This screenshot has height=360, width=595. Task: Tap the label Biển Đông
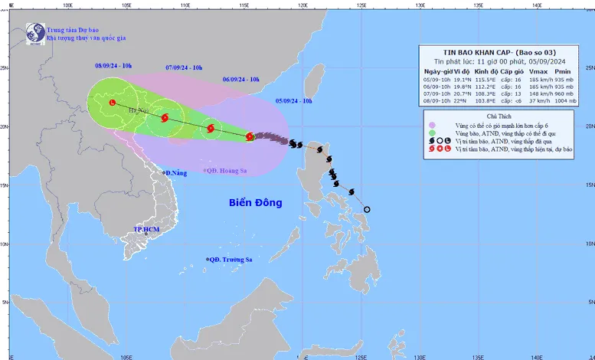pyautogui.click(x=256, y=203)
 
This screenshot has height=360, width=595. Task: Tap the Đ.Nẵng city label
pyautogui.click(x=176, y=173)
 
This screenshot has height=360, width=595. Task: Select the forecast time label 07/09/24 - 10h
pyautogui.click(x=184, y=68)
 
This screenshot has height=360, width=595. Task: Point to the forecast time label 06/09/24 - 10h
pyautogui.click(x=241, y=79)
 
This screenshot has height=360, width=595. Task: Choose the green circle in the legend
pyautogui.click(x=433, y=134)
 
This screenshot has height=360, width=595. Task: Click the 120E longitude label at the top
pyautogui.click(x=302, y=4)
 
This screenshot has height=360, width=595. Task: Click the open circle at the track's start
pyautogui.click(x=367, y=209)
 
